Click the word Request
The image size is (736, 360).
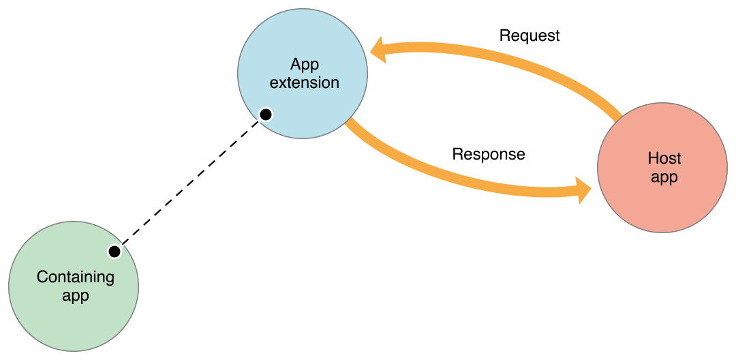pyautogui.click(x=530, y=35)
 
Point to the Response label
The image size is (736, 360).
pyautogui.click(x=489, y=154)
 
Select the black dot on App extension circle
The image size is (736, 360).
pyautogui.click(x=266, y=114)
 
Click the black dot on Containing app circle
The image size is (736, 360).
pyautogui.click(x=114, y=252)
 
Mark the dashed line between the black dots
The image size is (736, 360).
pyautogui.click(x=190, y=183)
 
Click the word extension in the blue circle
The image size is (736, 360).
pyautogui.click(x=305, y=82)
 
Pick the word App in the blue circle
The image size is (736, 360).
pyautogui.click(x=305, y=64)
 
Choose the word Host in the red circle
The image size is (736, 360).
pyautogui.click(x=664, y=159)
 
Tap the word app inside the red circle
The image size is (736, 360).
pyautogui.click(x=664, y=177)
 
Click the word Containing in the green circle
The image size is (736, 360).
pyautogui.click(x=76, y=277)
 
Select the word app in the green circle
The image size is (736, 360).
pyautogui.click(x=76, y=296)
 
